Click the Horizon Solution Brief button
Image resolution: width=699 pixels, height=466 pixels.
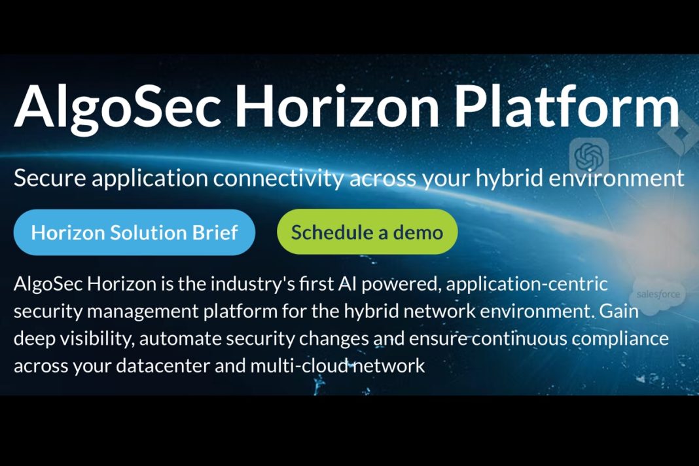(x=134, y=232)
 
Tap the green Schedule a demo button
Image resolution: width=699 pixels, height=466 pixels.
(x=367, y=232)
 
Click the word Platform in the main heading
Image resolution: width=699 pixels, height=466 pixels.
(x=567, y=107)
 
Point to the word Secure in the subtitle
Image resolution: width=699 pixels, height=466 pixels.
(x=50, y=178)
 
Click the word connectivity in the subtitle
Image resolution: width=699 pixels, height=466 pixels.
(x=278, y=178)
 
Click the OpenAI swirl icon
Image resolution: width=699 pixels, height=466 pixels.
(x=589, y=156)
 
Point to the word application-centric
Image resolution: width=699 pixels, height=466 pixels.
(x=527, y=285)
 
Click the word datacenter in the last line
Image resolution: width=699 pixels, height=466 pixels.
(x=163, y=366)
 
